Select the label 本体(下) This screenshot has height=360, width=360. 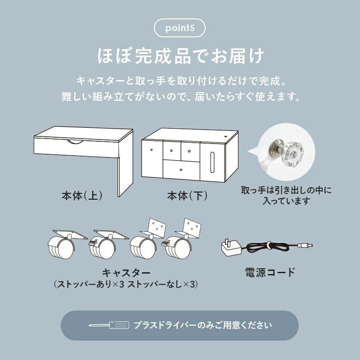(186, 196)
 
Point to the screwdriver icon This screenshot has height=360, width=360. (108, 325)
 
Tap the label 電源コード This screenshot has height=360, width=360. (270, 272)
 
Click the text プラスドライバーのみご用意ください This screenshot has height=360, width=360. (202, 325)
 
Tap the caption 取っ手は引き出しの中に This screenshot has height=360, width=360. (286, 191)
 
